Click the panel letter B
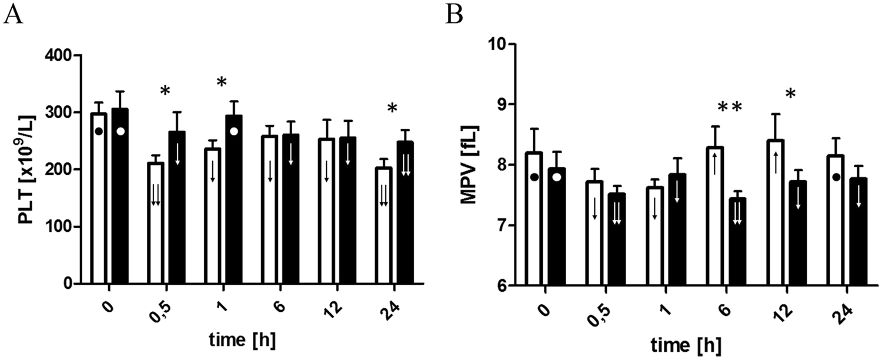pos(454,14)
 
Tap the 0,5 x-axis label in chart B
pos(598,311)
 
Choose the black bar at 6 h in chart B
pos(737,241)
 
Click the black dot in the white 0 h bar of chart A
pos(99,131)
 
